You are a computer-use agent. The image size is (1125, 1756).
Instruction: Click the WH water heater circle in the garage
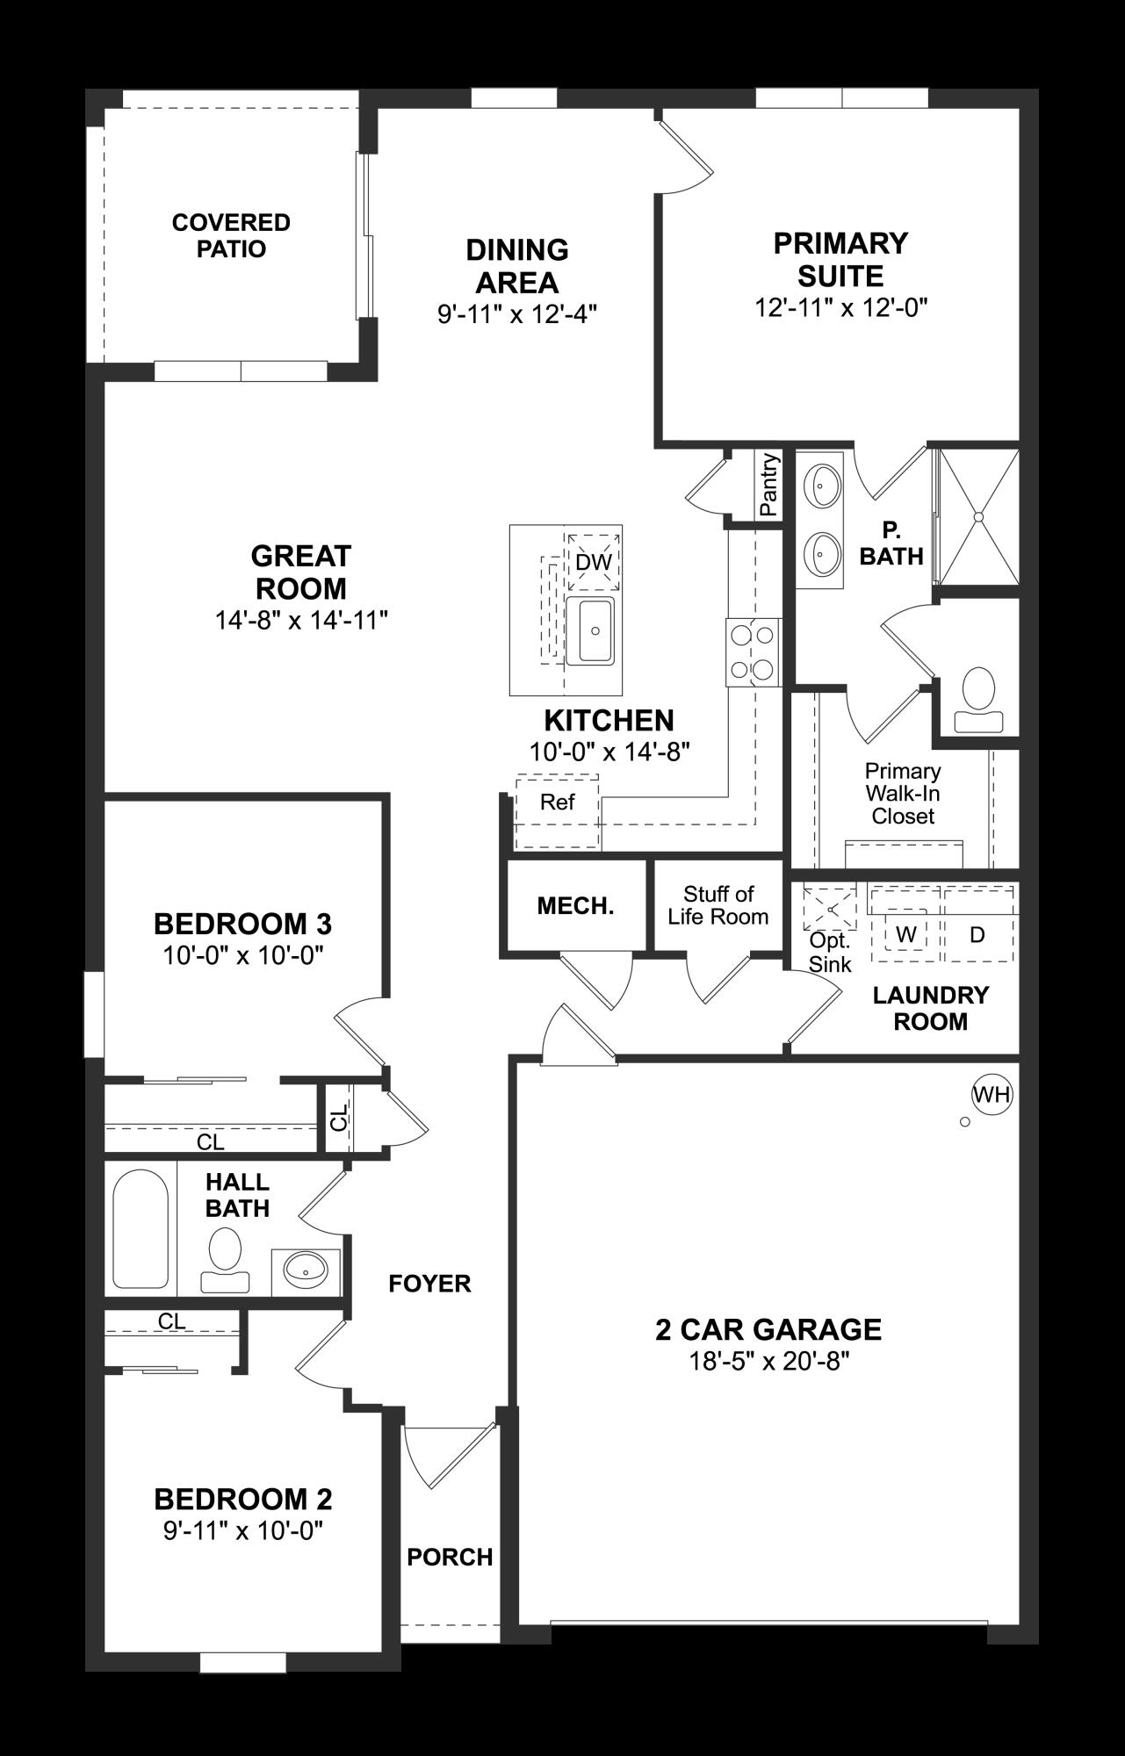(x=992, y=1094)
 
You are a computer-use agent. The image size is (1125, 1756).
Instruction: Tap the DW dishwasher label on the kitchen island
(x=594, y=563)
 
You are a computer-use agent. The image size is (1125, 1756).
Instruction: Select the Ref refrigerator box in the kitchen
(x=558, y=802)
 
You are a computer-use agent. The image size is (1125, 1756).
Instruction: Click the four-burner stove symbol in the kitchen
(x=753, y=652)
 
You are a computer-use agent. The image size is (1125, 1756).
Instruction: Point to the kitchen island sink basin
(x=590, y=630)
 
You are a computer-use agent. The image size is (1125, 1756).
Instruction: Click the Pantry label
(x=769, y=484)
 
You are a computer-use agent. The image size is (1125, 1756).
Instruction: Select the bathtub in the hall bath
(x=141, y=1228)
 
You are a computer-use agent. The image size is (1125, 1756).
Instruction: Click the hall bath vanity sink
(x=306, y=1268)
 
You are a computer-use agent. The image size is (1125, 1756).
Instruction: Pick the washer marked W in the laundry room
(x=905, y=935)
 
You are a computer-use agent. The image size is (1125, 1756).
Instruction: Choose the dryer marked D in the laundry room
(x=977, y=935)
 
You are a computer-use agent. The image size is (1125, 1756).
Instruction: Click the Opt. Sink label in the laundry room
(x=830, y=952)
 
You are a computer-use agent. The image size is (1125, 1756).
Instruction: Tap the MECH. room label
(x=575, y=906)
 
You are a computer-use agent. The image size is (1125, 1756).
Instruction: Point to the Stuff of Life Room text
(x=718, y=905)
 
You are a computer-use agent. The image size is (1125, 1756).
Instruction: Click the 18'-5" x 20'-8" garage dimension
(x=768, y=1361)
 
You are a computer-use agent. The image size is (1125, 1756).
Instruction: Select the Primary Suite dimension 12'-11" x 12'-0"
(x=840, y=307)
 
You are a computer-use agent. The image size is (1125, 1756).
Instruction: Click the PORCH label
(x=450, y=1557)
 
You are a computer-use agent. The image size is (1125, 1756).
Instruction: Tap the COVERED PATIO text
(x=231, y=235)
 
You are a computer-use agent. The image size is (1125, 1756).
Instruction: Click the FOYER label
(x=429, y=1284)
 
